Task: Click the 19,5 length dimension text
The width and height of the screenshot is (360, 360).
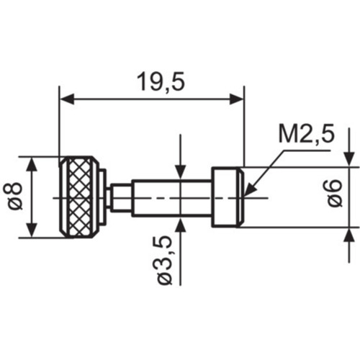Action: [x=161, y=82]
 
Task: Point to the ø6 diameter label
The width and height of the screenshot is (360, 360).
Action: [x=334, y=193]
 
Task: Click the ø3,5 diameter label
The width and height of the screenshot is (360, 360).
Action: [x=166, y=261]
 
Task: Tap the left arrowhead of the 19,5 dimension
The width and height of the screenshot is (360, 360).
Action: [x=67, y=99]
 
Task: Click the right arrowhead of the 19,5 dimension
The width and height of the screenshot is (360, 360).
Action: [x=237, y=99]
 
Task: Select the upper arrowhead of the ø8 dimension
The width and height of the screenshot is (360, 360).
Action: [x=32, y=164]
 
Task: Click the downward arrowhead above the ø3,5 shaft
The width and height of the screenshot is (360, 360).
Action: [x=181, y=172]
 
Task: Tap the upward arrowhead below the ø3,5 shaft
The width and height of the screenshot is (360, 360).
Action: [x=181, y=225]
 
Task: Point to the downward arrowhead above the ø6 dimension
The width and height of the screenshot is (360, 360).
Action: [x=349, y=158]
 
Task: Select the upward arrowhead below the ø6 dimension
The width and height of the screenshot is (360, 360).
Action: [x=349, y=235]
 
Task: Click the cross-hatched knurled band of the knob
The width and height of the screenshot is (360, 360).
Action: [x=79, y=197]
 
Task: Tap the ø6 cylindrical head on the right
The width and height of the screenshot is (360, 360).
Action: [x=225, y=197]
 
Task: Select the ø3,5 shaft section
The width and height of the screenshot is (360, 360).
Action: [x=171, y=198]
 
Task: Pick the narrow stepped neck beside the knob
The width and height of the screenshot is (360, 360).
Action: [x=121, y=198]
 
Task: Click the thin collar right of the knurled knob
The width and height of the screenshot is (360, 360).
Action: [x=102, y=197]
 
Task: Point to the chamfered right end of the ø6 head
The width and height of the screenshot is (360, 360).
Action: [x=241, y=197]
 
